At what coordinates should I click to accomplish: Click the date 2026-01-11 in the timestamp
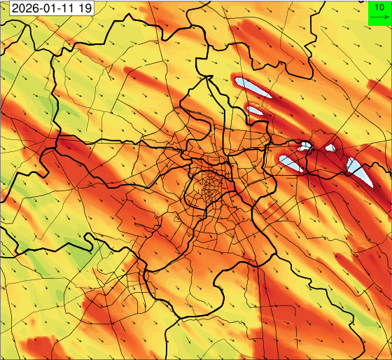click(x=40, y=8)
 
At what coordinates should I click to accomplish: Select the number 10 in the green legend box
click(x=379, y=7)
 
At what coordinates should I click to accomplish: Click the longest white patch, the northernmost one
click(x=253, y=87)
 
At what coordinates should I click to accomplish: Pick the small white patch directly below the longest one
click(x=255, y=110)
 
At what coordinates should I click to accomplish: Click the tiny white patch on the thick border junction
click(x=305, y=146)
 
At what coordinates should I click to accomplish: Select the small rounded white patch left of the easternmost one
click(x=330, y=148)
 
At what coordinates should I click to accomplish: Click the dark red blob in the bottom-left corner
click(x=38, y=347)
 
